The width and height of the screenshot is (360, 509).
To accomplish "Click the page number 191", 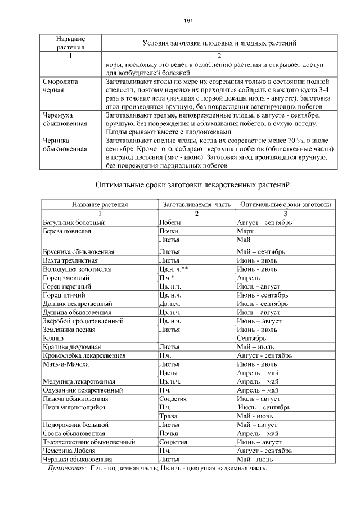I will click(x=188, y=21).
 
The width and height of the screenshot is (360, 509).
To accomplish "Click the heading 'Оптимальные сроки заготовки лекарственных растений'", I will click(x=192, y=184).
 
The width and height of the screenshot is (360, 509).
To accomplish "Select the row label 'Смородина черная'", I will click(x=60, y=85).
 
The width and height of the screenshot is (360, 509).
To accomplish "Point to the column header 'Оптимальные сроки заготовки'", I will click(x=285, y=205).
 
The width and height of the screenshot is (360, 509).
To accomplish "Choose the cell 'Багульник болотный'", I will click(x=74, y=223).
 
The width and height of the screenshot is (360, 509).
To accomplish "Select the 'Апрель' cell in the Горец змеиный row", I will click(x=248, y=278).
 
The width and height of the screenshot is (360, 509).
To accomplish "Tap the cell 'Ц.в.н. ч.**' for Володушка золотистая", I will click(x=174, y=269).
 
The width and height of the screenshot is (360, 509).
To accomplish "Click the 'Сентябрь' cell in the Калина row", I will click(x=251, y=339).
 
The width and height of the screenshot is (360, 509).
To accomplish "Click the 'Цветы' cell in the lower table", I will click(x=169, y=372).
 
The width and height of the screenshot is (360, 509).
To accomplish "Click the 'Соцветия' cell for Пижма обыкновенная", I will click(x=173, y=398).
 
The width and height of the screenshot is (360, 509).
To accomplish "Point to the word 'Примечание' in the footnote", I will click(x=66, y=468).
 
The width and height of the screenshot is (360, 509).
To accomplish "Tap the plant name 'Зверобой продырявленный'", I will click(x=83, y=321).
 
